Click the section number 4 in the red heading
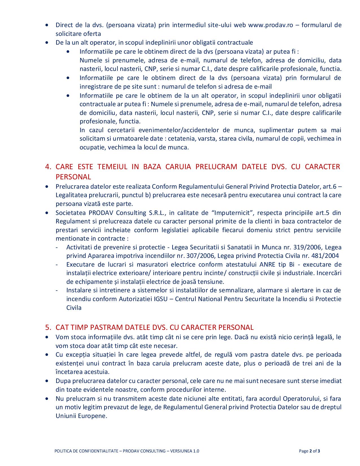click(x=48, y=167)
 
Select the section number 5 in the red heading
click(x=48, y=327)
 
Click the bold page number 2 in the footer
click(x=310, y=451)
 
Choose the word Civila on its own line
click(x=74, y=308)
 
